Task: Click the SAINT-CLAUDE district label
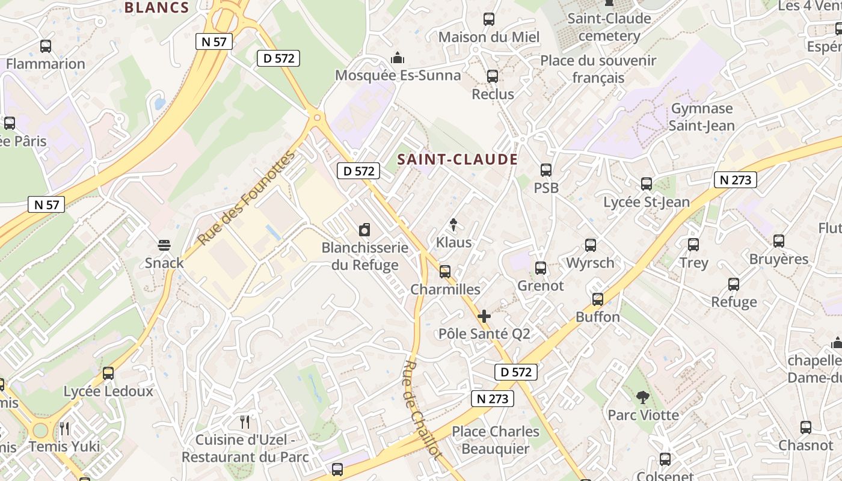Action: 458,159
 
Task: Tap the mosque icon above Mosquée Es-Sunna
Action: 397,58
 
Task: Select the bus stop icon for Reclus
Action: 493,76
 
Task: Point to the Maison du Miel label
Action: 489,37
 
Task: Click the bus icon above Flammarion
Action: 46,46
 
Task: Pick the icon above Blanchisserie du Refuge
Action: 364,230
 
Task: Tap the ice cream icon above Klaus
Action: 453,225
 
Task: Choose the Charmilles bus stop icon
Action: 445,272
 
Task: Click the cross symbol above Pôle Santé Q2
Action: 484,316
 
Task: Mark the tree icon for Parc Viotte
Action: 643,397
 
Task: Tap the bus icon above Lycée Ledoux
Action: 108,373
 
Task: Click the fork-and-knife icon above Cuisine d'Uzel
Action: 245,421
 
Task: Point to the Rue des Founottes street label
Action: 247,198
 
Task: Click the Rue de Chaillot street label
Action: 423,410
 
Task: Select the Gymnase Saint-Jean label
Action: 702,117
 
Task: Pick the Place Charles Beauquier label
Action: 496,440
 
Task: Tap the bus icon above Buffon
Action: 598,299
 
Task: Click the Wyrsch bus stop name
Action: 590,263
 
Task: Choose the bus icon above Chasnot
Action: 806,427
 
